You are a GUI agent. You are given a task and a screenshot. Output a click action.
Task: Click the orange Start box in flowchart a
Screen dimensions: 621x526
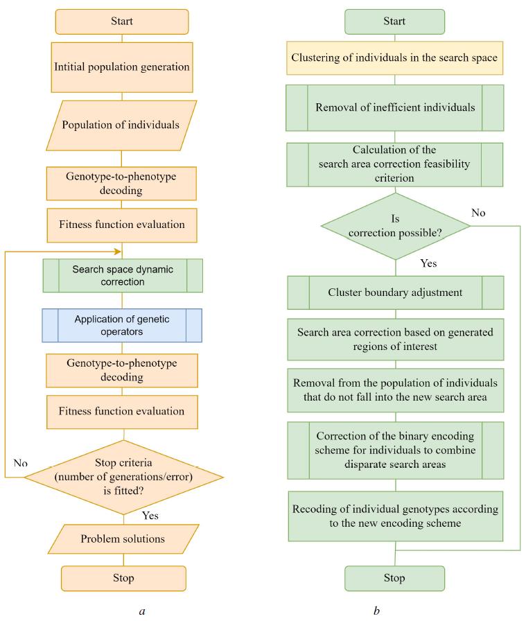[122, 21]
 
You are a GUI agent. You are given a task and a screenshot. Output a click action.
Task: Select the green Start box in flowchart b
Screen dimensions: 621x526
[395, 22]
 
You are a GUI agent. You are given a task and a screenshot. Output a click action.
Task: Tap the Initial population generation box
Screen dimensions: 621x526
[123, 68]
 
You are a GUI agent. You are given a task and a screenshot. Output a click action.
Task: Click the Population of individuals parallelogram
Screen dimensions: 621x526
[122, 125]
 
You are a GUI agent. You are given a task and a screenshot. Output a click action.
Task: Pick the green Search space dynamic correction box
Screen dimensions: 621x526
[122, 275]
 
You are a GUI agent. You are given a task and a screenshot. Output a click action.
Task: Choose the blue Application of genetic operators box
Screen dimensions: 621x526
[122, 325]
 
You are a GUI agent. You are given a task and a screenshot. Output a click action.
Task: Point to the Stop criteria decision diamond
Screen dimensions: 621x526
[123, 477]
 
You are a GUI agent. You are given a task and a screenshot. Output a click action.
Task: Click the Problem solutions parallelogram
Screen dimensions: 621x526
[122, 539]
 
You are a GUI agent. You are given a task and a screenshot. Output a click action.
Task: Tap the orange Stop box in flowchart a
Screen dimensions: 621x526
[123, 577]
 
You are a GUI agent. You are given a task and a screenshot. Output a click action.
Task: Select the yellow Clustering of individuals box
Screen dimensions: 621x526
[394, 58]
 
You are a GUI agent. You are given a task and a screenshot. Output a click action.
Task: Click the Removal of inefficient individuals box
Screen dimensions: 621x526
[394, 108]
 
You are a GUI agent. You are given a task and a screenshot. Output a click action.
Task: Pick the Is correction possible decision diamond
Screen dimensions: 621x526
[395, 227]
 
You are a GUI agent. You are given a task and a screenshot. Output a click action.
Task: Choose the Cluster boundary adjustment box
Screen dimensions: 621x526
[394, 292]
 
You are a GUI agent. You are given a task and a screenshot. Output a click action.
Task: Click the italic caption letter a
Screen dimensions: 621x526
[142, 611]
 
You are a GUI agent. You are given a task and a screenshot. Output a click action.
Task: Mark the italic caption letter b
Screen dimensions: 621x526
[377, 611]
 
